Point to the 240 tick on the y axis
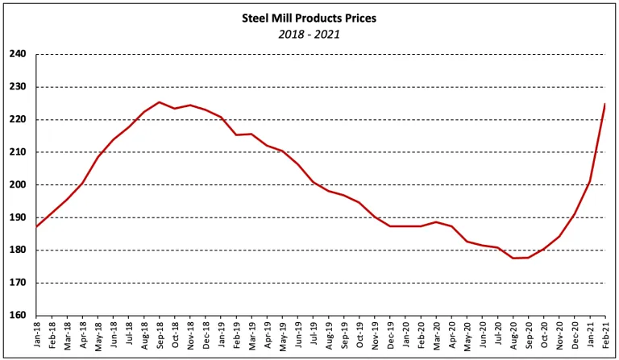point(19,55)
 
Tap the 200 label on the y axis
point(19,185)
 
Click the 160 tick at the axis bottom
point(19,316)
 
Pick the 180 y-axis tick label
point(19,250)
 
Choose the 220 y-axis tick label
point(19,120)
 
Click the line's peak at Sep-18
point(160,102)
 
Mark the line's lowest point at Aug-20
point(513,258)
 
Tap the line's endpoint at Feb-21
point(604,104)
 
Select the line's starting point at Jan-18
point(37,226)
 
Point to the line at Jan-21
point(589,181)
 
